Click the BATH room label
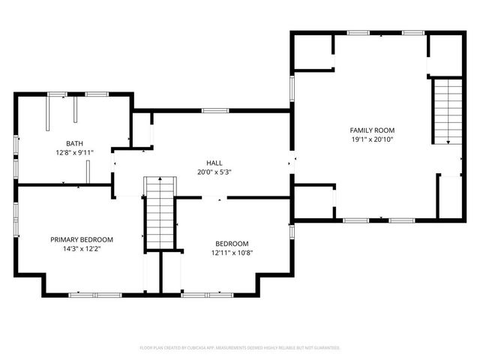(74, 143)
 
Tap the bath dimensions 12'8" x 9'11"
(74, 152)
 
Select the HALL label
(214, 163)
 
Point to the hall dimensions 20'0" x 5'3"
(214, 172)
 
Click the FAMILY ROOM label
(373, 130)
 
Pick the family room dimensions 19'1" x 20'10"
(373, 139)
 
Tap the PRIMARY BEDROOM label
(82, 239)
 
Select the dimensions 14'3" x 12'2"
(82, 248)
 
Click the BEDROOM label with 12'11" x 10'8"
(232, 243)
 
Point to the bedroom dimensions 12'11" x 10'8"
(232, 253)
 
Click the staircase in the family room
(448, 112)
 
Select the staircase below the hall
(159, 213)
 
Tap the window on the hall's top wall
(214, 111)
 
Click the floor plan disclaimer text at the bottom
(240, 347)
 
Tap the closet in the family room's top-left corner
(313, 52)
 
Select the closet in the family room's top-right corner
(444, 54)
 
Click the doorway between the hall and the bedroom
(214, 197)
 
